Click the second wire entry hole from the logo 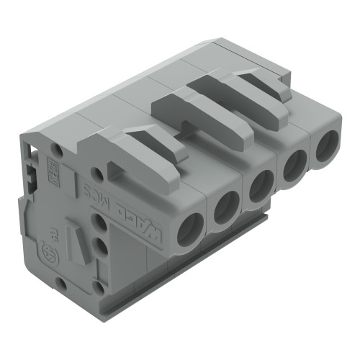point(226,209)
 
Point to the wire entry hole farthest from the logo point(323,149)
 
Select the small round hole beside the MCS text point(96,173)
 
